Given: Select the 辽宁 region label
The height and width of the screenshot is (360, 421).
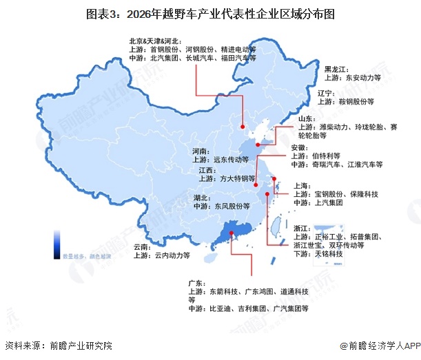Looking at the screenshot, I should pos(327,92).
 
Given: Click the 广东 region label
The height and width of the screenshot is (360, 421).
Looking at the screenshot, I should pos(196,282).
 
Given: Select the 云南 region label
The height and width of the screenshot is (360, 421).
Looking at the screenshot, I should pos(143,246).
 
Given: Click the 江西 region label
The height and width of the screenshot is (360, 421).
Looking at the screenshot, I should pos(207,169).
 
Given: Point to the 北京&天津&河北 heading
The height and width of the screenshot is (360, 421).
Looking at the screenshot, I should pos(158,40).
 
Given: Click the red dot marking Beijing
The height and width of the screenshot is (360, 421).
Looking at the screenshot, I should pos(243,126).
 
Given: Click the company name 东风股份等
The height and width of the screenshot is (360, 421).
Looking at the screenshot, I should pos(232,205).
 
